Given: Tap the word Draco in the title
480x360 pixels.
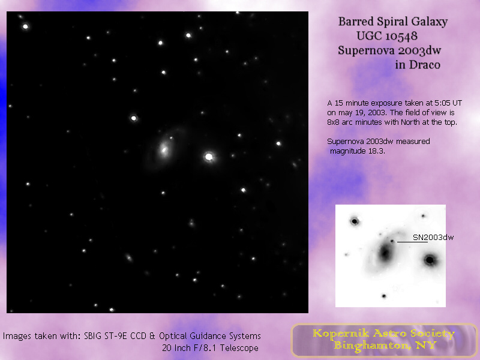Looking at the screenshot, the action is (425, 65).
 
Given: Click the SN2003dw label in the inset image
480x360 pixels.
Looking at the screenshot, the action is (433, 237).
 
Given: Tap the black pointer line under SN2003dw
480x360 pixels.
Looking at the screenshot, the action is (412, 242).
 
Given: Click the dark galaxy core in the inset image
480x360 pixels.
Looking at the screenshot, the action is (385, 253).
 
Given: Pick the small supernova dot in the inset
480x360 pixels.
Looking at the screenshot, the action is (392, 241).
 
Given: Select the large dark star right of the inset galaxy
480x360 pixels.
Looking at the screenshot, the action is (430, 260).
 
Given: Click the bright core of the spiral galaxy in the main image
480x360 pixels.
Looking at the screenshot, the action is (164, 149).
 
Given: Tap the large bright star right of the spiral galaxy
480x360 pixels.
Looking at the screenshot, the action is (209, 157).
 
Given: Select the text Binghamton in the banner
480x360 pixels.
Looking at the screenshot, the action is (371, 346).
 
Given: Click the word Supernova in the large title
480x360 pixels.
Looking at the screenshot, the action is (366, 50).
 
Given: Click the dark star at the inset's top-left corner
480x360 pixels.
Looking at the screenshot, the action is (355, 221).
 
